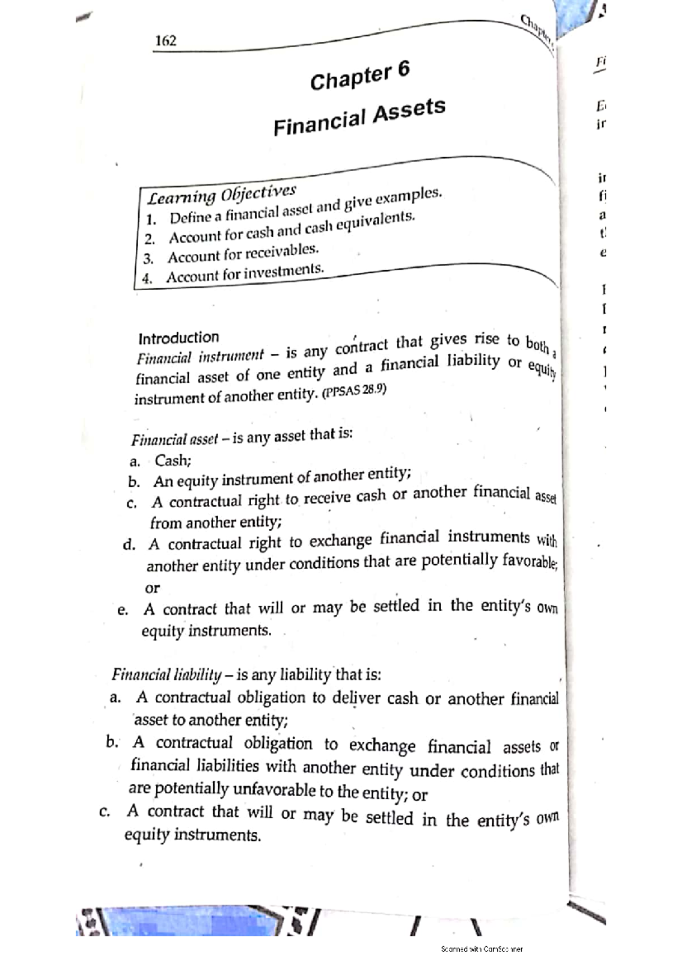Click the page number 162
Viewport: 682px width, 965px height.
pyautogui.click(x=166, y=40)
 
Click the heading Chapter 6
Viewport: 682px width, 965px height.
pyautogui.click(x=359, y=76)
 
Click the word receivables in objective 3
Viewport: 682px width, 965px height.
pyautogui.click(x=281, y=251)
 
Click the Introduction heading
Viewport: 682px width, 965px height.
pyautogui.click(x=178, y=338)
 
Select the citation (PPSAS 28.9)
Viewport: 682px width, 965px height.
pyautogui.click(x=354, y=392)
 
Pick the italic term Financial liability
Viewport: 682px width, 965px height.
pyautogui.click(x=166, y=675)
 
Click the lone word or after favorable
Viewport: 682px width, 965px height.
pyautogui.click(x=152, y=588)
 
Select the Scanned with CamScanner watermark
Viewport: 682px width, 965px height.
pyautogui.click(x=481, y=949)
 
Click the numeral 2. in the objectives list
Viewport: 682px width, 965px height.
pyautogui.click(x=149, y=239)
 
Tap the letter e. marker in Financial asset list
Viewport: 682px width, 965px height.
pyautogui.click(x=122, y=610)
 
